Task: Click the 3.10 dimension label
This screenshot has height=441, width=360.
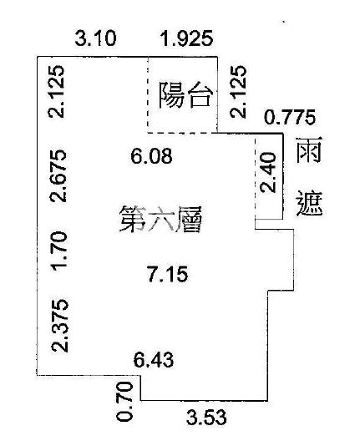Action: point(95,38)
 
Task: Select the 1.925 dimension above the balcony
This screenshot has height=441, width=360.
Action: point(186,38)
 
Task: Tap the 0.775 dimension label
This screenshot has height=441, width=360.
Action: point(290,117)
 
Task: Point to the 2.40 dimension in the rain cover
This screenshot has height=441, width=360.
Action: point(268,172)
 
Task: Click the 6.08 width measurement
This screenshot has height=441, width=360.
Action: point(151,156)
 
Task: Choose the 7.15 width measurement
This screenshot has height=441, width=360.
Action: point(168,275)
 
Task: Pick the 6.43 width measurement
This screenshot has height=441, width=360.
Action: point(154,360)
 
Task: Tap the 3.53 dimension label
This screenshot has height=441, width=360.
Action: point(206,418)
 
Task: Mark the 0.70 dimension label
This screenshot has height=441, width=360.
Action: point(124,402)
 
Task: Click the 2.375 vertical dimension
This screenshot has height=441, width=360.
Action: point(59,326)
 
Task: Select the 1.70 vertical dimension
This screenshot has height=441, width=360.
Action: point(58,250)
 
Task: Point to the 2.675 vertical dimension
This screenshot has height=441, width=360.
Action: point(58,176)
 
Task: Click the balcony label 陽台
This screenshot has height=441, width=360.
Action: point(185,94)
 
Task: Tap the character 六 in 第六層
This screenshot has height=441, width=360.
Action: point(160,220)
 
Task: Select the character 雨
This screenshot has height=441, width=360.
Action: point(308,150)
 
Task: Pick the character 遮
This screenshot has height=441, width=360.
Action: point(309,204)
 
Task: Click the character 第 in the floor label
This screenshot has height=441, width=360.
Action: point(133,220)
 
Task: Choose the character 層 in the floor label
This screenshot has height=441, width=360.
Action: point(189,220)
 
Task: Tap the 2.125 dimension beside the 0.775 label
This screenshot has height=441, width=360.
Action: point(238,91)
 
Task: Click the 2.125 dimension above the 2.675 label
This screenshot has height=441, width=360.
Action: point(56,91)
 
